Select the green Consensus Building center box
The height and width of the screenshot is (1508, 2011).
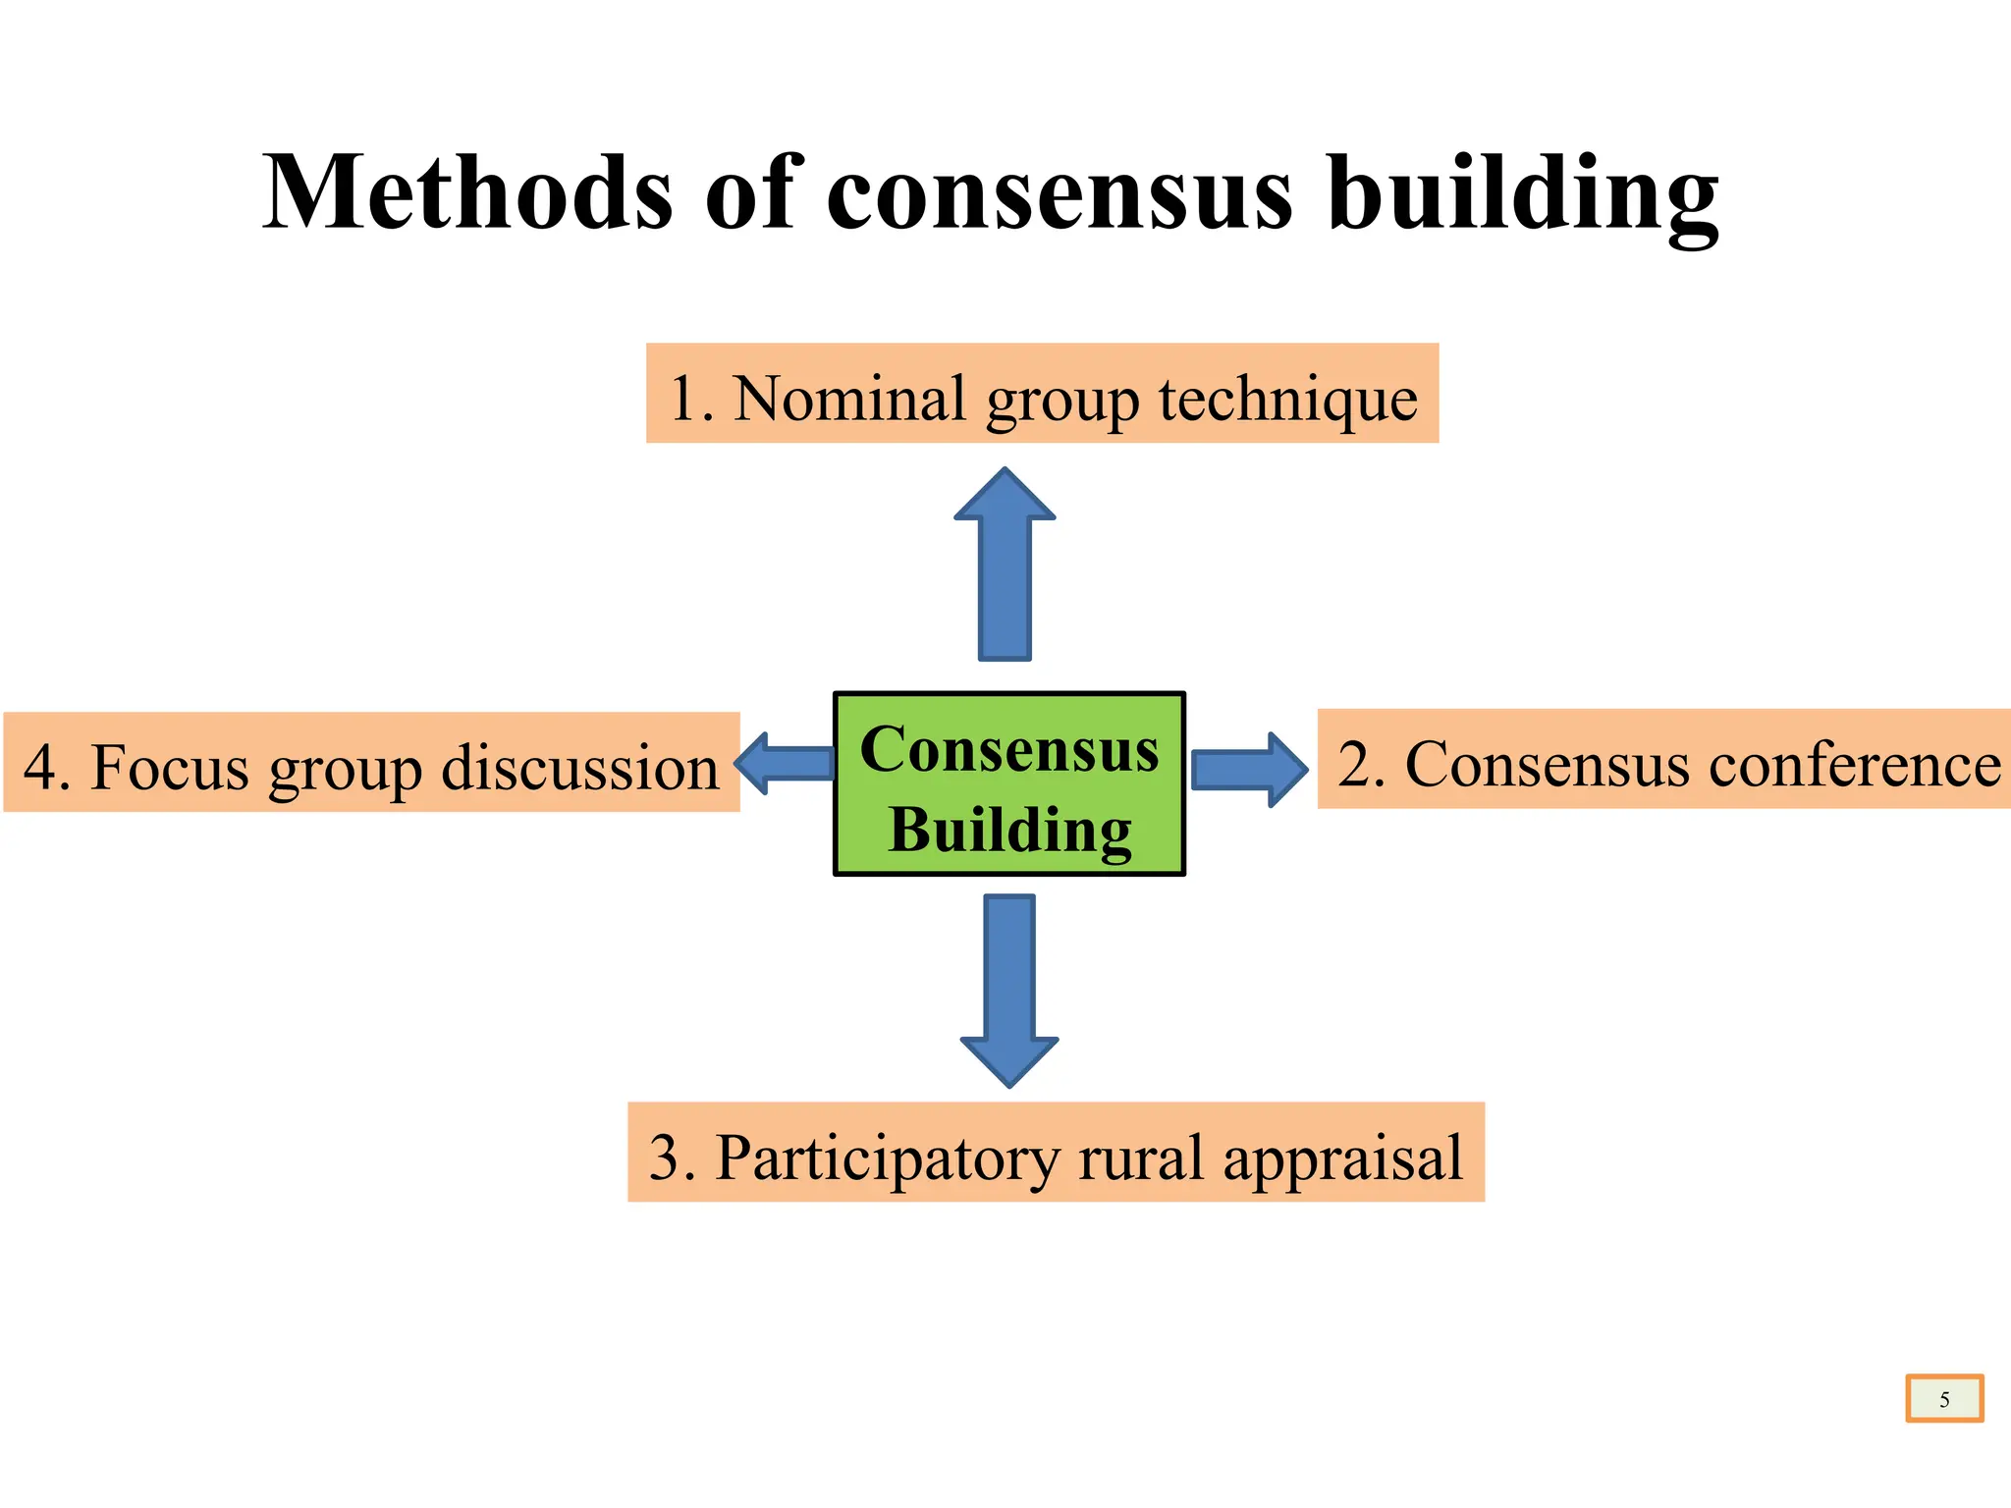(1009, 783)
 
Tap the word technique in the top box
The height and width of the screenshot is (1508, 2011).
(1288, 401)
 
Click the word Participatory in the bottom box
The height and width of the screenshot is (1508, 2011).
(888, 1158)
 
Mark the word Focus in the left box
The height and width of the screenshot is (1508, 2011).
(170, 767)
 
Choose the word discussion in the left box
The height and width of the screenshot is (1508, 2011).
(579, 767)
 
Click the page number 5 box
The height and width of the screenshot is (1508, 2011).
(1944, 1399)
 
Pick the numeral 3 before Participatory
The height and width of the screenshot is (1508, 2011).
(665, 1158)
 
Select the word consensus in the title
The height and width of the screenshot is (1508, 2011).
(1060, 194)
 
